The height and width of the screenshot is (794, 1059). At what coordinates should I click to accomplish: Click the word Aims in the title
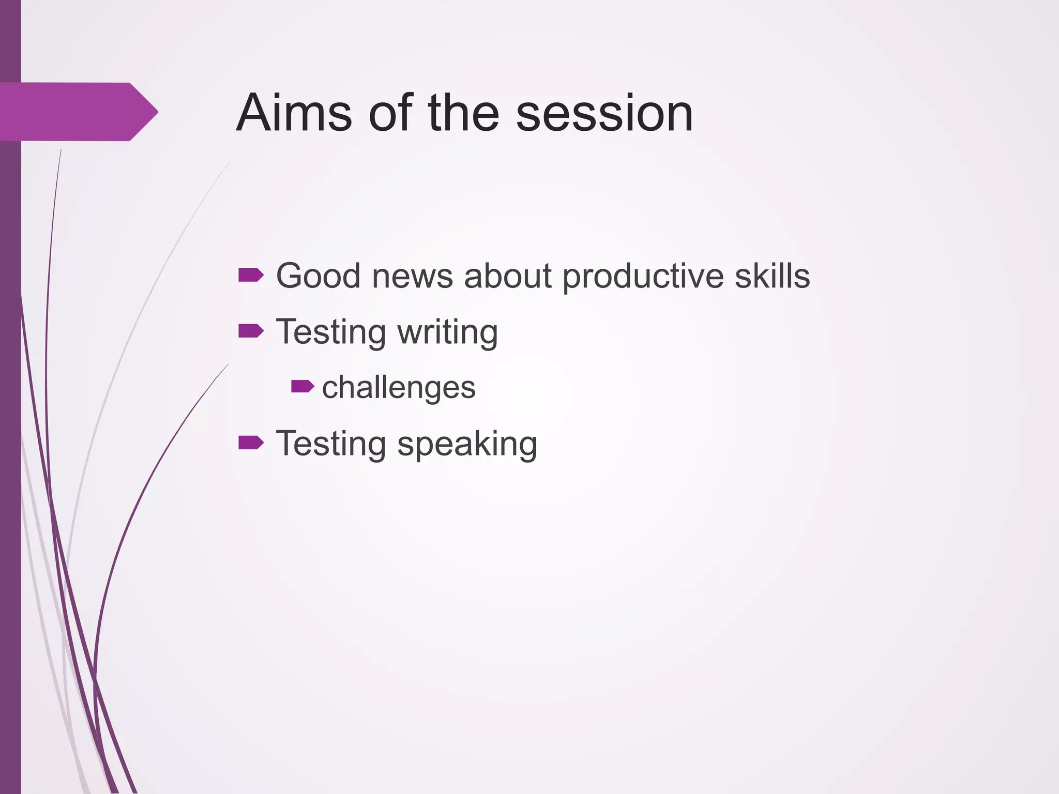pos(294,113)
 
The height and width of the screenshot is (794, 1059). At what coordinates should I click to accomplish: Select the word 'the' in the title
pos(463,113)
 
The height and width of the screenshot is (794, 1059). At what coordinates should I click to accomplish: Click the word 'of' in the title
pos(391,113)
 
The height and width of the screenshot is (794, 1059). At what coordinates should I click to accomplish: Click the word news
pos(412,277)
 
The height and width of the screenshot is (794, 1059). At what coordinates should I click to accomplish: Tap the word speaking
pos(467,445)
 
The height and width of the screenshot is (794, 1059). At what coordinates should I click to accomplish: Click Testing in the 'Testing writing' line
pos(331,332)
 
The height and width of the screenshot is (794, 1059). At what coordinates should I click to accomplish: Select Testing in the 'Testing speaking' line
pos(331,444)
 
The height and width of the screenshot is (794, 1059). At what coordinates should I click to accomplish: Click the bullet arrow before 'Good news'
pos(251,276)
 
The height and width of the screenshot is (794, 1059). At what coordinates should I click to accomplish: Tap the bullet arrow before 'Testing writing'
pos(251,331)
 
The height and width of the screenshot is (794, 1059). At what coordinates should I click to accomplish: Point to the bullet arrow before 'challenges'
pos(302,386)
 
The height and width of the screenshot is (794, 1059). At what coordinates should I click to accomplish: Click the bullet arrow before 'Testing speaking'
pos(251,442)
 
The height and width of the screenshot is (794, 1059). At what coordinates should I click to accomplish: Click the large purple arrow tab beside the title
pos(78,112)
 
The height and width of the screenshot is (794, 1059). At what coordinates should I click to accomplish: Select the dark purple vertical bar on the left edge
pos(10,465)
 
